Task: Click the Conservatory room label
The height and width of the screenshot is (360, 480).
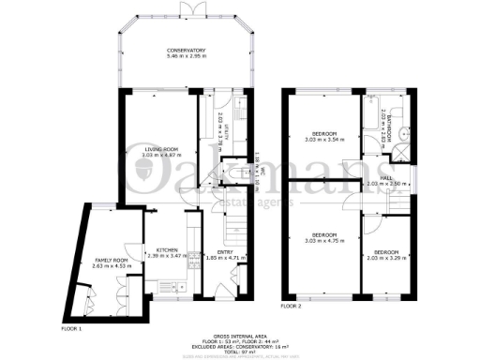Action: tap(187, 50)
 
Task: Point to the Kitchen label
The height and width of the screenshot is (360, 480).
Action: tap(168, 249)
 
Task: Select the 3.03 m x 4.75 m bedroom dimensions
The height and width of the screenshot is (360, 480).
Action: tap(324, 239)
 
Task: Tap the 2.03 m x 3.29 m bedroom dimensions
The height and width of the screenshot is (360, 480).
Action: tap(387, 258)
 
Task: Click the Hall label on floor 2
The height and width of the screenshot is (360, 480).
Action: tap(386, 178)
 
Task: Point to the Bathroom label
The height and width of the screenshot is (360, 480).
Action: tap(385, 122)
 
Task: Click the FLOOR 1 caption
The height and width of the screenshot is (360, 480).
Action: tap(72, 329)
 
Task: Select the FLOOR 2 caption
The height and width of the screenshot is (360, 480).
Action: tap(292, 306)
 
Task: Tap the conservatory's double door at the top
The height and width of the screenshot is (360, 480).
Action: tap(187, 8)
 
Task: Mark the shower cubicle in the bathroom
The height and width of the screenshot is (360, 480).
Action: tap(401, 154)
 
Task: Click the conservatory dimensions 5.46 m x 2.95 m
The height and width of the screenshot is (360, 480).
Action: tap(187, 56)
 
